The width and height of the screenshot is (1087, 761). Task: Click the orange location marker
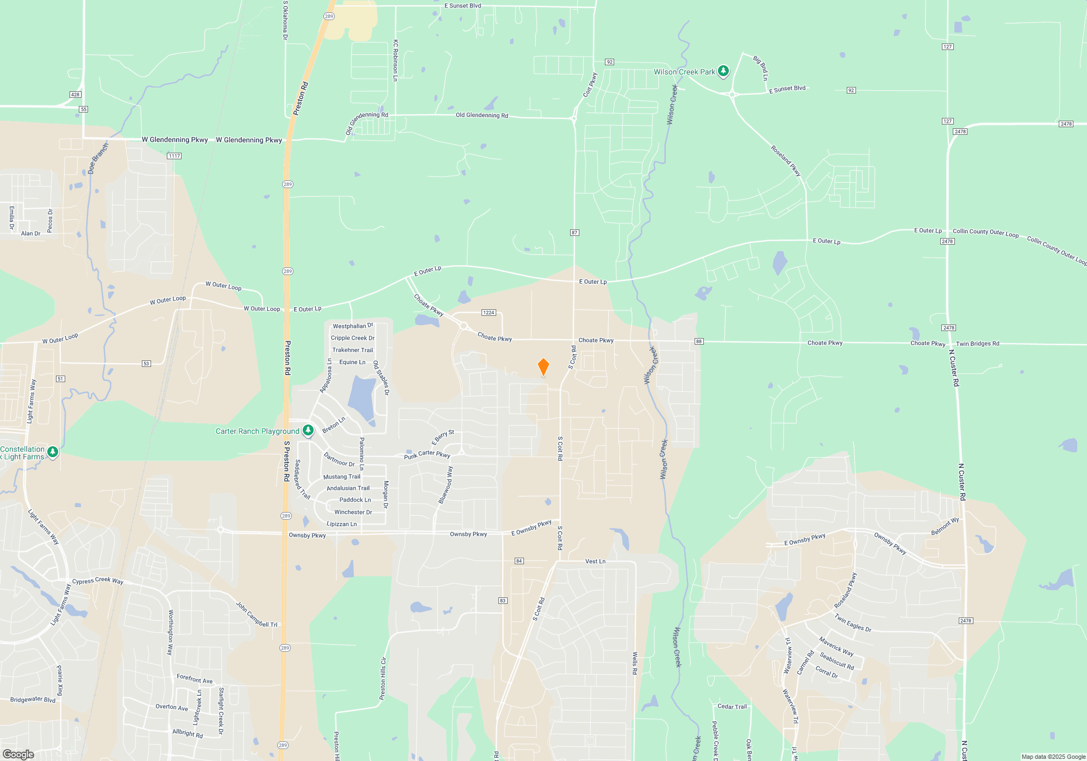543,367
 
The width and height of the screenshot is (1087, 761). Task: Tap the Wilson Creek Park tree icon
723,71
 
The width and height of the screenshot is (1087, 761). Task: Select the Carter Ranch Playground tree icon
308,431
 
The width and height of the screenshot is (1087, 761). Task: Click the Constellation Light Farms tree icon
53,452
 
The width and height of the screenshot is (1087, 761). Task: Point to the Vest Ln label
595,561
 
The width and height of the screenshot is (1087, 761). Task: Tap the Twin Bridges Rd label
977,344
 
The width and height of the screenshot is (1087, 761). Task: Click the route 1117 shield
174,156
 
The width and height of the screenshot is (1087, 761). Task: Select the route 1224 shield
489,313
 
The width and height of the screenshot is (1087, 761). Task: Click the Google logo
18,754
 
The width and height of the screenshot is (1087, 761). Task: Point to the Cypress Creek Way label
98,581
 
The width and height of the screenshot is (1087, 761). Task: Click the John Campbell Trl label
257,615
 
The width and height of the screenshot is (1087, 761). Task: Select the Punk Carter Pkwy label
427,454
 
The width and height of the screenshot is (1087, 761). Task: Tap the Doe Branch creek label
98,158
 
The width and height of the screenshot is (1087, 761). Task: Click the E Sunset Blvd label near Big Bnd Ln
787,89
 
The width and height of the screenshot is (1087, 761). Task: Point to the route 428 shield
75,95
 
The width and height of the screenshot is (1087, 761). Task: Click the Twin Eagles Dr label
853,623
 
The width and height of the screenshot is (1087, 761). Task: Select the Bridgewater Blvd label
33,699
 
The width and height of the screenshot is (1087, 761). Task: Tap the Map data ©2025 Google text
1053,757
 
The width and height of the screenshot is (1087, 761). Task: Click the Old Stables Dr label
381,378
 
